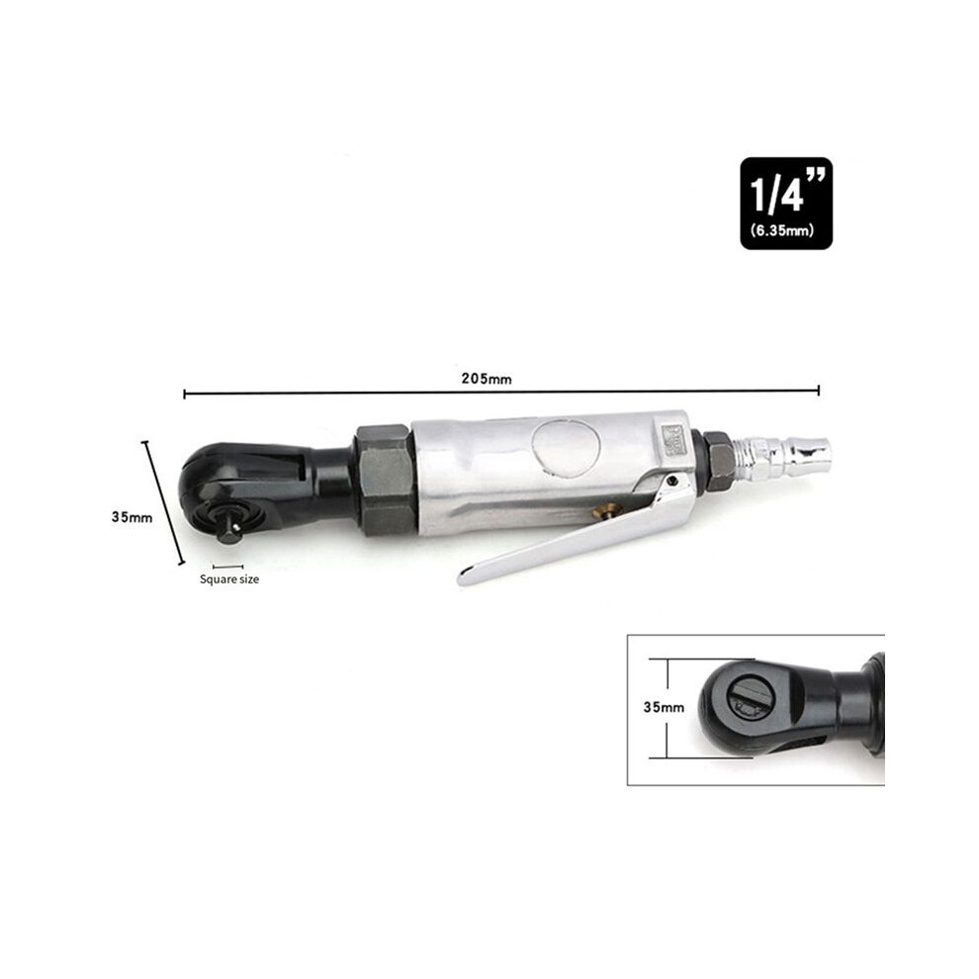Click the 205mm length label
[487, 379]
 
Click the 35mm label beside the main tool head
[132, 517]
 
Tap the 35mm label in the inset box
[664, 707]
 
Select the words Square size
[229, 578]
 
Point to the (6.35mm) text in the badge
[782, 230]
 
